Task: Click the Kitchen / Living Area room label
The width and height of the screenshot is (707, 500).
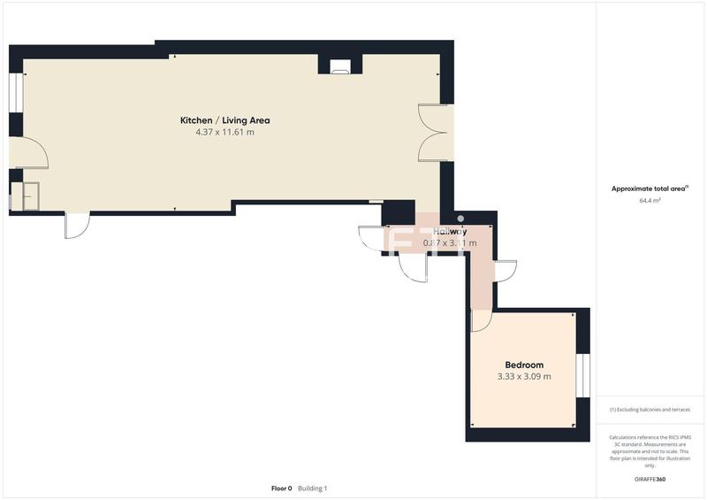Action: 224,120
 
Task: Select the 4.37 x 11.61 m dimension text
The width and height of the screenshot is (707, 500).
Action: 224,133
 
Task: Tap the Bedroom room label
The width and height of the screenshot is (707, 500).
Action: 524,365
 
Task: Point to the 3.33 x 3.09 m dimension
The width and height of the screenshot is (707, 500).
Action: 524,376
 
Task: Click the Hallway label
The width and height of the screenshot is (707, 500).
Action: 445,231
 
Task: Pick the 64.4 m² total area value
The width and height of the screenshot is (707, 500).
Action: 650,201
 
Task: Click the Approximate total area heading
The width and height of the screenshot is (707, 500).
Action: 650,188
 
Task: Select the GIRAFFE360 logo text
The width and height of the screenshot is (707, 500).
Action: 650,479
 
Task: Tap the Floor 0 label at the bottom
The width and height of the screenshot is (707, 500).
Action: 281,488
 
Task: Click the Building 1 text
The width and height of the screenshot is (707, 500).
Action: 313,488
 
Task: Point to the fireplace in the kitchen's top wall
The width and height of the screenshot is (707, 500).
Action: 340,65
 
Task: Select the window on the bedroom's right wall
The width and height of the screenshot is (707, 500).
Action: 582,375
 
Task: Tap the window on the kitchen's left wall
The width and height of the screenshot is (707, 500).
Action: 15,93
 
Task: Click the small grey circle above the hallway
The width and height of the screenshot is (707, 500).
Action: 460,219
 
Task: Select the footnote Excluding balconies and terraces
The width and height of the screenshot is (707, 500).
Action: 650,410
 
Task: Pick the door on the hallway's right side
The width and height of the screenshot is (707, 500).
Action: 505,271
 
